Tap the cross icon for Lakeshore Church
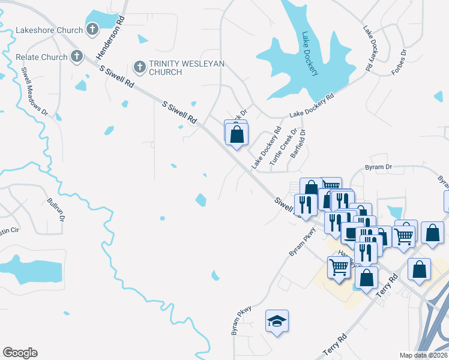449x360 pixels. click(x=92, y=28)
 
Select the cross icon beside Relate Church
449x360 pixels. click(x=76, y=57)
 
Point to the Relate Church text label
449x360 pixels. click(x=41, y=58)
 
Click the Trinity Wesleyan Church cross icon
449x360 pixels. click(x=139, y=66)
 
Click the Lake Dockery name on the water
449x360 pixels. click(x=310, y=53)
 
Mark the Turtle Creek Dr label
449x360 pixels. click(x=283, y=148)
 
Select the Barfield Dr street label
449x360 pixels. click(x=298, y=144)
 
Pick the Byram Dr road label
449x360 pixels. click(x=378, y=167)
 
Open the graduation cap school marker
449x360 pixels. click(x=277, y=322)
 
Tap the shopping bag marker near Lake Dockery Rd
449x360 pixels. click(x=237, y=134)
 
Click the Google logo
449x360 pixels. click(x=20, y=353)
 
